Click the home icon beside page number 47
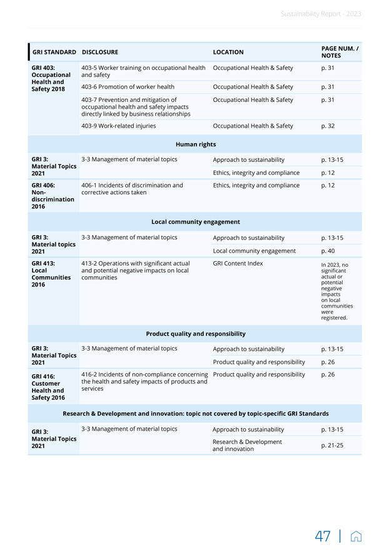356,537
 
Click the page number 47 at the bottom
323,537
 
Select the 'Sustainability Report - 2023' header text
320,14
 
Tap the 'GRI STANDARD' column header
54,52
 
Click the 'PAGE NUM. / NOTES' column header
340,52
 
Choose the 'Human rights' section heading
195,144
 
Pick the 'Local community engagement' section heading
195,222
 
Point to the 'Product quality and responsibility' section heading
195,334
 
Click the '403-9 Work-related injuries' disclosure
119,126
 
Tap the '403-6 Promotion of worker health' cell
128,87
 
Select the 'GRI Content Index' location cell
238,264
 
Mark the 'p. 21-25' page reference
331,445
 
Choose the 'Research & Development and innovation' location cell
247,445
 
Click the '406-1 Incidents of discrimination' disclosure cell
132,189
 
